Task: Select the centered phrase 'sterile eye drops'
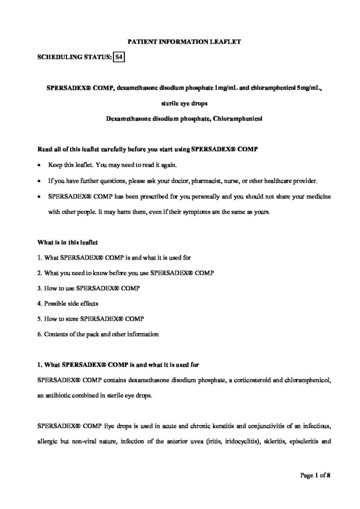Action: [181, 104]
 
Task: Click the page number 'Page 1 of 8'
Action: [316, 475]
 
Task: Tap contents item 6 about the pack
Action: [98, 334]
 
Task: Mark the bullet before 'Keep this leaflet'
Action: [40, 165]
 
